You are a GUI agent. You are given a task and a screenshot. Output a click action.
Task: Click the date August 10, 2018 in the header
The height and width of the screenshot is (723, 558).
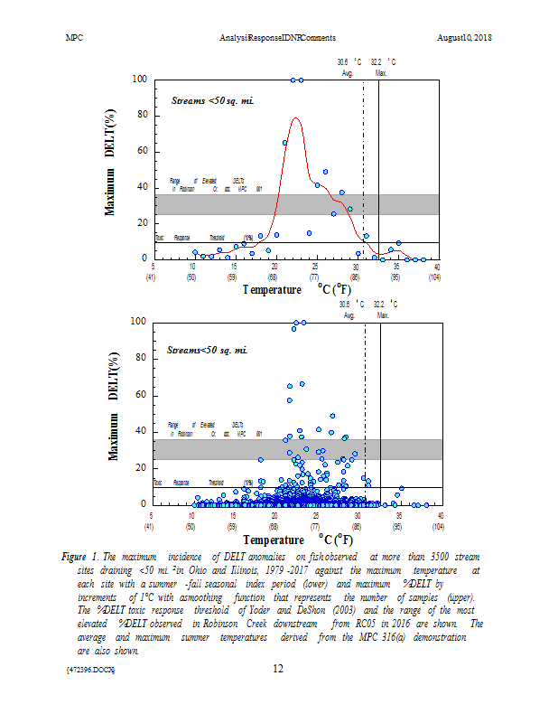pos(465,37)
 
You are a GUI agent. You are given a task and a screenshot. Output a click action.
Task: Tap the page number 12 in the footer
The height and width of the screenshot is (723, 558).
pos(279,669)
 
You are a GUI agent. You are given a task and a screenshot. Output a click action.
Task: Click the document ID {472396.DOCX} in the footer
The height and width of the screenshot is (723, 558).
pos(90,670)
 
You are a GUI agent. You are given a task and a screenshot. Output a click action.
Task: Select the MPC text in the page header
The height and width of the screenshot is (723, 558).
pos(76,37)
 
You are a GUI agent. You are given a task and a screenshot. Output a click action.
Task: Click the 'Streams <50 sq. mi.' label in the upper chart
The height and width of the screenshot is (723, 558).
pos(213,101)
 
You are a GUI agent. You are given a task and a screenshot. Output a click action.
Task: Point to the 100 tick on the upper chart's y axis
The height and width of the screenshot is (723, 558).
pos(139,80)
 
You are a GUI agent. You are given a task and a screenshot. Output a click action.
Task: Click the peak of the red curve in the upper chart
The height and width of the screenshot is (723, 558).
pos(295,117)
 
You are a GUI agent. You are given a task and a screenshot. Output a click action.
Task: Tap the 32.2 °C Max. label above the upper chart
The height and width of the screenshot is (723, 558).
pos(383,68)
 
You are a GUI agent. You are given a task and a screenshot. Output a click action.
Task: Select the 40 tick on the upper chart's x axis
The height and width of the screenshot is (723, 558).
pos(438,267)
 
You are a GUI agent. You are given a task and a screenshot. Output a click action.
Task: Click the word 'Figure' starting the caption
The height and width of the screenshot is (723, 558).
pos(78,555)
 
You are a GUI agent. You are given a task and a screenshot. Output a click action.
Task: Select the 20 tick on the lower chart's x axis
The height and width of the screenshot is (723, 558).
pos(274,515)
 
